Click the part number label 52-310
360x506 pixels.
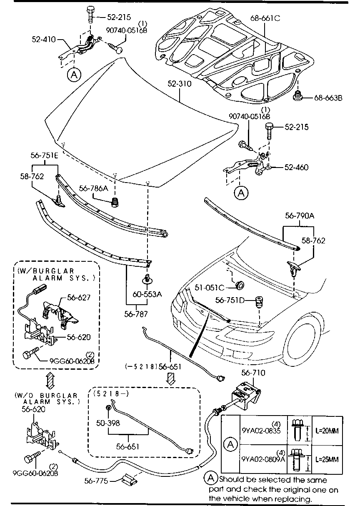tap(180, 84)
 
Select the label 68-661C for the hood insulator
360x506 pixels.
tap(265, 18)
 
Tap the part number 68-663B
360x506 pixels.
tap(328, 98)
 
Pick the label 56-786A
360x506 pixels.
tap(93, 188)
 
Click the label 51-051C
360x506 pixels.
tap(210, 288)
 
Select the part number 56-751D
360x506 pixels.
tap(230, 300)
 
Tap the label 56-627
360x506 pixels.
tap(79, 298)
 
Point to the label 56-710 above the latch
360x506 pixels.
tap(253, 373)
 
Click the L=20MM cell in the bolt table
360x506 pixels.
tap(327, 431)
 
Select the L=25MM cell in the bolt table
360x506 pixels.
tap(327, 460)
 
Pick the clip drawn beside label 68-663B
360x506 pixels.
tap(299, 96)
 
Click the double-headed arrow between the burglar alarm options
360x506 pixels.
tap(50, 380)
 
